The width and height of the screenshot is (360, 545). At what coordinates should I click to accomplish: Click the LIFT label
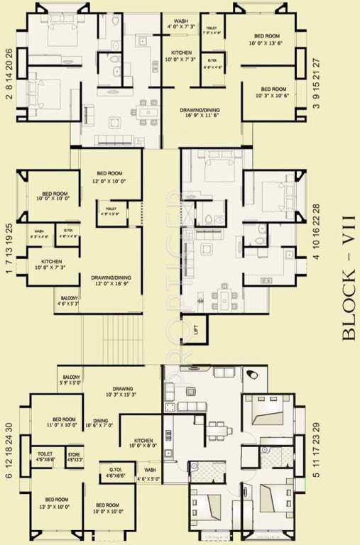pyautogui.click(x=195, y=328)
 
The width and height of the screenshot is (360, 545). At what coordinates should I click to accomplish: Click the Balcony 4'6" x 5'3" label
pyautogui.click(x=68, y=302)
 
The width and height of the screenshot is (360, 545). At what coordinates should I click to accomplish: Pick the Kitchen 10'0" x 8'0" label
pyautogui.click(x=139, y=444)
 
